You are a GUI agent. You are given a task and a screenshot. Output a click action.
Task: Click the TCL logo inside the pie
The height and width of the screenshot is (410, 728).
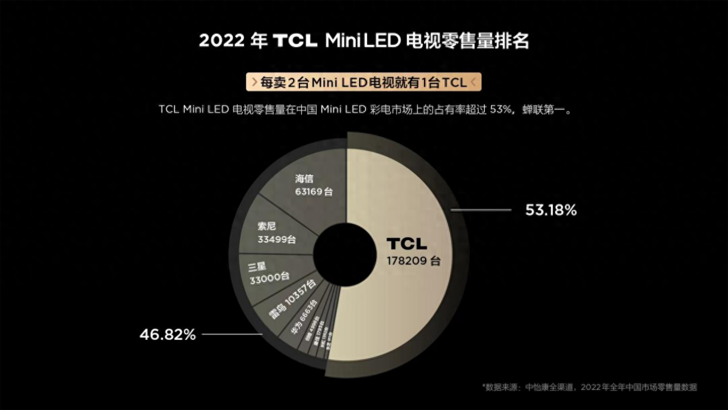point(406,244)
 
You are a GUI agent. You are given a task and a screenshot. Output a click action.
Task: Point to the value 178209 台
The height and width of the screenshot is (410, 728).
point(414,261)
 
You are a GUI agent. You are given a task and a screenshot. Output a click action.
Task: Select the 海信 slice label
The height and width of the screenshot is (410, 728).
point(305,179)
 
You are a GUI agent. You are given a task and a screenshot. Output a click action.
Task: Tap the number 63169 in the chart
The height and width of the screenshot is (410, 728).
point(308,192)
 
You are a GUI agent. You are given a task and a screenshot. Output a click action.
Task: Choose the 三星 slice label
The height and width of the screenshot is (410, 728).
point(257,266)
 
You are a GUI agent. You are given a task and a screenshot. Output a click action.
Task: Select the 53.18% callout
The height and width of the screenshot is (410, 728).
point(550,211)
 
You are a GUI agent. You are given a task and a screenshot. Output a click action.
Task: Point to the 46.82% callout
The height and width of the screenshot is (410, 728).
point(167,335)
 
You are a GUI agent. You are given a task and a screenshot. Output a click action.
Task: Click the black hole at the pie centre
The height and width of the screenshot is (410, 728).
point(339,251)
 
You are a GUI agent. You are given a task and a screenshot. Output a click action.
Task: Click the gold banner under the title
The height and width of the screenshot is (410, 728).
point(364,82)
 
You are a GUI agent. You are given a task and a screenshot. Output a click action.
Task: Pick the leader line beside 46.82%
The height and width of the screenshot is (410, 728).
point(231,335)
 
